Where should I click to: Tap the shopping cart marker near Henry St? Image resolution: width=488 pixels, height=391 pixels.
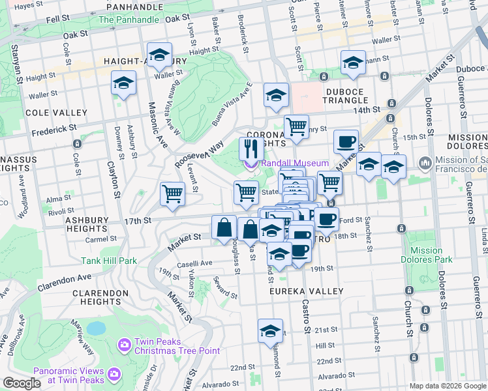296,126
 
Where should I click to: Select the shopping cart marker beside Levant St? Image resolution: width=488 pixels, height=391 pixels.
172,194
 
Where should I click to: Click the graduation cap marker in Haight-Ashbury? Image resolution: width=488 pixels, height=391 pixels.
159,57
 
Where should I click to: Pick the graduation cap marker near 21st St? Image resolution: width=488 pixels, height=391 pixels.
270,332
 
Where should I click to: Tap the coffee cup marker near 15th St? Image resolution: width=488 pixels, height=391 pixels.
346,141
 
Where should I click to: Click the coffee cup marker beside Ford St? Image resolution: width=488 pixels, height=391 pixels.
327,220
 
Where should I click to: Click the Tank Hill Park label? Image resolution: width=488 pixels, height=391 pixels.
109,261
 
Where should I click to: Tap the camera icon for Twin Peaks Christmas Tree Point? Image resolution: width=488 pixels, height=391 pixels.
124,343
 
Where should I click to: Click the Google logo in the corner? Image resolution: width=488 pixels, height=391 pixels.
22,383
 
